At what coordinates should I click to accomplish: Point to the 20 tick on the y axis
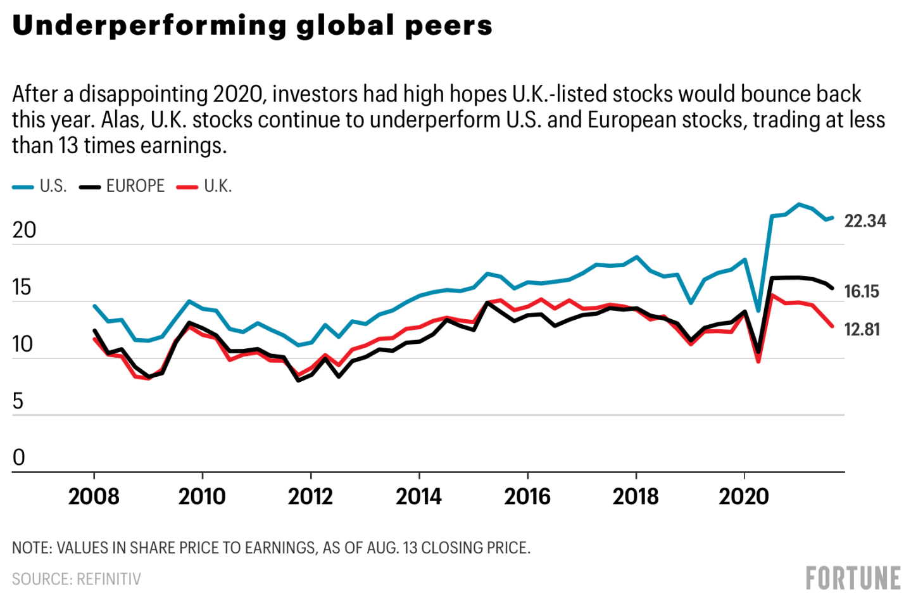click(24, 230)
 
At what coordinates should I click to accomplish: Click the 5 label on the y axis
click(18, 401)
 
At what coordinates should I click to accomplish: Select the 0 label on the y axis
click(18, 457)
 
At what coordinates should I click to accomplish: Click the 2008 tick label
click(94, 496)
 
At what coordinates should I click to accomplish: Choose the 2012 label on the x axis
click(310, 496)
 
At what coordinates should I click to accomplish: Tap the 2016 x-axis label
click(527, 496)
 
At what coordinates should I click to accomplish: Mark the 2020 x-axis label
click(744, 496)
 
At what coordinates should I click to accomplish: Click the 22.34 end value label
click(865, 221)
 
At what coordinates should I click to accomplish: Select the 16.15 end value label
click(862, 291)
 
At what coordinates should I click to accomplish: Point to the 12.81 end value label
click(862, 329)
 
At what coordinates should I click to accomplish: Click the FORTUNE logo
click(853, 578)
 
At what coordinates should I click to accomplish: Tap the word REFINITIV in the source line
click(109, 579)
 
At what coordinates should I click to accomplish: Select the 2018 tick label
click(636, 496)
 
